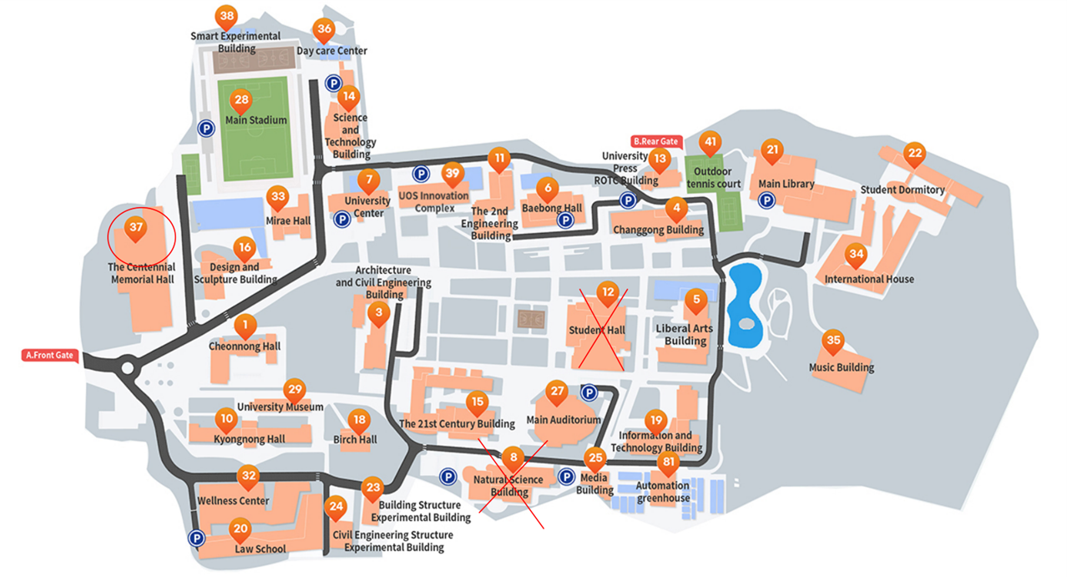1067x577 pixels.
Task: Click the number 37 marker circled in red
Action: pyautogui.click(x=136, y=226)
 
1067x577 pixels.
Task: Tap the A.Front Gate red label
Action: pyautogui.click(x=49, y=356)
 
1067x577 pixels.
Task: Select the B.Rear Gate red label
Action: pyautogui.click(x=656, y=142)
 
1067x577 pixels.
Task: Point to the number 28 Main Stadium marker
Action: pyautogui.click(x=241, y=100)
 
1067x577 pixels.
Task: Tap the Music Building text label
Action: pyautogui.click(x=842, y=367)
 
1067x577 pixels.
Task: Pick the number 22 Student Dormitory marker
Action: pyautogui.click(x=915, y=153)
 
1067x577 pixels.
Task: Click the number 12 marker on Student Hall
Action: pyautogui.click(x=608, y=292)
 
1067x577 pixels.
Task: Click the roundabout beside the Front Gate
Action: pyautogui.click(x=127, y=367)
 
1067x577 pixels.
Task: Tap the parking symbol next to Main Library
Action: pyautogui.click(x=765, y=200)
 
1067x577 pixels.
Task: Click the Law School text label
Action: pyautogui.click(x=260, y=549)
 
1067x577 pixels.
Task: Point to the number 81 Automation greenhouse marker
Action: pyautogui.click(x=667, y=462)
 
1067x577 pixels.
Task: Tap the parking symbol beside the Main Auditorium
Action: pyautogui.click(x=589, y=392)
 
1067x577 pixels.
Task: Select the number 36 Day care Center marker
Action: pyautogui.click(x=325, y=29)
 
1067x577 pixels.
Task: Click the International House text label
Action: pyautogui.click(x=869, y=279)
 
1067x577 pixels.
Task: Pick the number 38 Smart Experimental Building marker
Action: pyautogui.click(x=225, y=16)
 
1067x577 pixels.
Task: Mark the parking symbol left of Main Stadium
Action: pyautogui.click(x=205, y=129)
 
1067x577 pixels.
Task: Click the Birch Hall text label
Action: pyautogui.click(x=356, y=440)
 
